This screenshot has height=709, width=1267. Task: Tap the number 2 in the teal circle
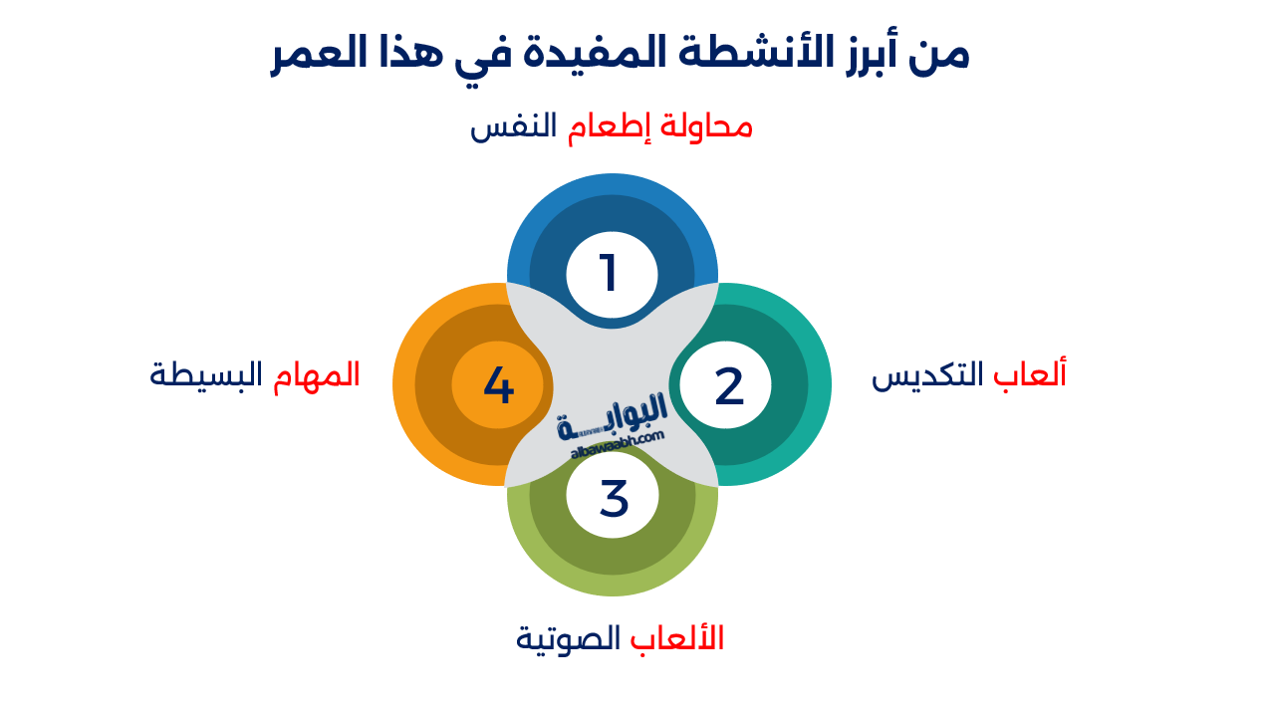pos(729,385)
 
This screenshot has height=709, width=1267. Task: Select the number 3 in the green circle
pos(614,498)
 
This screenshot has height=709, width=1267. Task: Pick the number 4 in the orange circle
pos(498,385)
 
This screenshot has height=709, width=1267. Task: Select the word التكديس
pos(927,375)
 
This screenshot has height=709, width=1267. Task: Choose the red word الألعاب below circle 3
pos(676,637)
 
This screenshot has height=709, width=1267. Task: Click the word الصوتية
pos(568,638)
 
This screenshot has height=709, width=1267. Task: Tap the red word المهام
pos(317,374)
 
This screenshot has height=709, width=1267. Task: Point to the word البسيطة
pos(206,374)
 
